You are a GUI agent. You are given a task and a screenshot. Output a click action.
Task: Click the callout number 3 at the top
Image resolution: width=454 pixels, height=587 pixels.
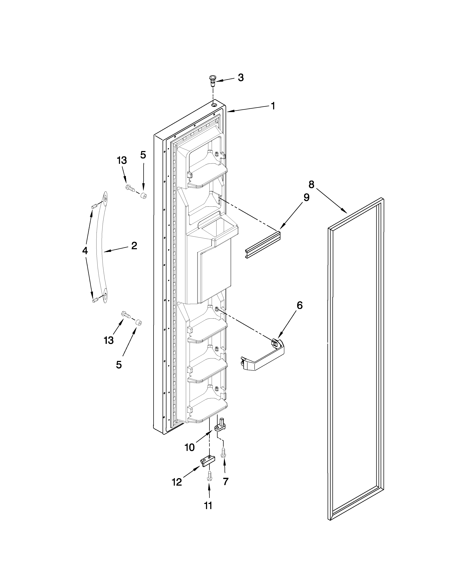point(241,78)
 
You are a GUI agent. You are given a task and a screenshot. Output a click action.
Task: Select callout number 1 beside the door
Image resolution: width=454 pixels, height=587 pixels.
point(273,106)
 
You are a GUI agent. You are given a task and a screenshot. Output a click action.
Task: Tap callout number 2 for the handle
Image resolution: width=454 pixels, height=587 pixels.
point(134,246)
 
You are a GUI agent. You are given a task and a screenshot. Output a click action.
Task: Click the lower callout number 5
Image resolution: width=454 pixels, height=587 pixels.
point(119,365)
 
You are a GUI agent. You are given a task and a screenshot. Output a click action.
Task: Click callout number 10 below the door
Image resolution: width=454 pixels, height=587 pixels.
point(189,448)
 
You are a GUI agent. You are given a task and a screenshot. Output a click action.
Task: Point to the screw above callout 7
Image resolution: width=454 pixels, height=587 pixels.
point(223,451)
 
